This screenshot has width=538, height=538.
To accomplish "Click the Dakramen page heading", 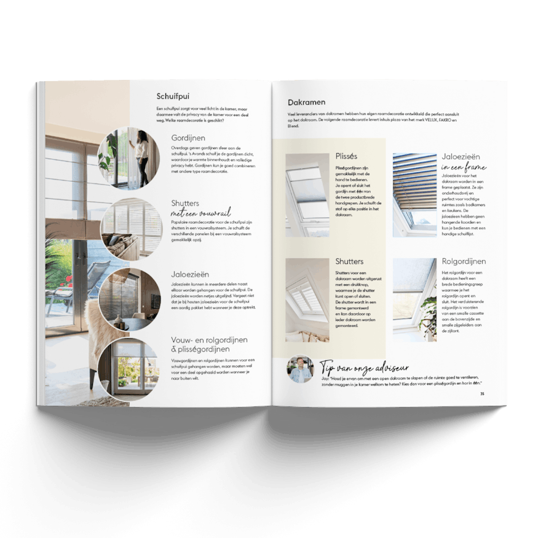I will [306, 102].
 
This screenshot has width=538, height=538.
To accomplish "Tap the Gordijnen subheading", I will [188, 138].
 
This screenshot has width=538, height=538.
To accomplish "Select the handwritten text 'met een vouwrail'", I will [200, 212].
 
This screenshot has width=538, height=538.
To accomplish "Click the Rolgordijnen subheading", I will [464, 261].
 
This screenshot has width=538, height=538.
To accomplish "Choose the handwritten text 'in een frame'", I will [463, 167].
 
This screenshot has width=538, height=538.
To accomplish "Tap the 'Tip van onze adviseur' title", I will [365, 368].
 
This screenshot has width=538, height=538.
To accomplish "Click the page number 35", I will [483, 394].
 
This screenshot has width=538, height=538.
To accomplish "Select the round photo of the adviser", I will [301, 370].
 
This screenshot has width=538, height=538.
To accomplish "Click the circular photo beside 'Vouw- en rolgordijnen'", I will [130, 366].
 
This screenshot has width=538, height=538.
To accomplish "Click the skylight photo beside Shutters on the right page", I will [307, 299].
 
